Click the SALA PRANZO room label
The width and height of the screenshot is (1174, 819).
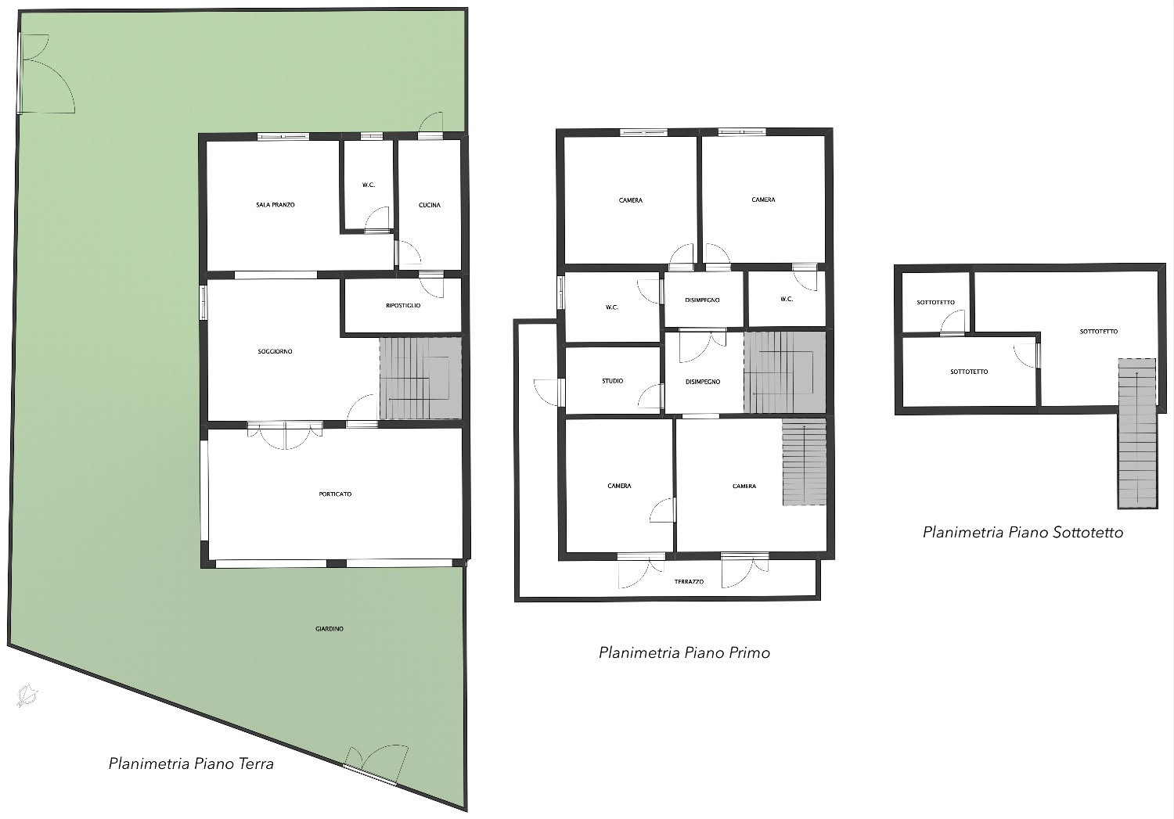(x=275, y=205)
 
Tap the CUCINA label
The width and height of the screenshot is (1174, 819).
(x=429, y=205)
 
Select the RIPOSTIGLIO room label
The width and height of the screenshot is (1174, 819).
(x=403, y=305)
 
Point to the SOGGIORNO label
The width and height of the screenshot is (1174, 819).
(x=275, y=351)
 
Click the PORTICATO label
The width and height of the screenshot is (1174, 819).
(x=335, y=494)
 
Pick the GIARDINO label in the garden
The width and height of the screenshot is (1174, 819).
(x=330, y=628)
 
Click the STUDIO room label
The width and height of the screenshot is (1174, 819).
(x=612, y=381)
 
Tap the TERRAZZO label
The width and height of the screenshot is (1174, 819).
(x=689, y=582)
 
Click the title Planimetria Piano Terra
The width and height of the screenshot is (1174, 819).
(x=191, y=763)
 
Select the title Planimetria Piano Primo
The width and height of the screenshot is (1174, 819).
(x=684, y=652)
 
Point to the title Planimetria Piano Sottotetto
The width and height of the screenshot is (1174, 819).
(x=1022, y=533)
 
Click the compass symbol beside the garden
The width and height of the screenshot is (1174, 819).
(x=27, y=695)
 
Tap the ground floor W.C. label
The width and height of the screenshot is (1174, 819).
(x=369, y=185)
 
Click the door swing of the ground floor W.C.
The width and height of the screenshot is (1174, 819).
(x=376, y=218)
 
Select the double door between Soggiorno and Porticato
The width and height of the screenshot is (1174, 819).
(x=285, y=435)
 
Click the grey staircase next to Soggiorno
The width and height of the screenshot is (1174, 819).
(x=420, y=378)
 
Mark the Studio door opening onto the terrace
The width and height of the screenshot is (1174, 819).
(x=548, y=392)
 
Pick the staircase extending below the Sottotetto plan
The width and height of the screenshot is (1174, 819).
(x=1136, y=433)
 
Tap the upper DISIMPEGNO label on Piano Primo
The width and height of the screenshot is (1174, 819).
(x=702, y=300)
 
